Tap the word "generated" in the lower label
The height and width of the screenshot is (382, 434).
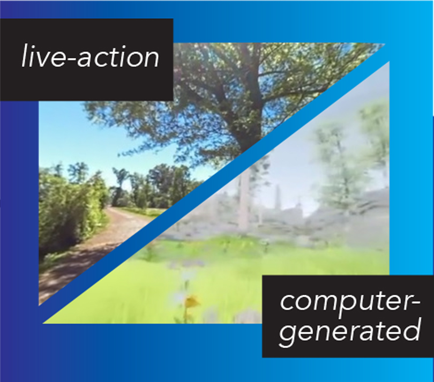tap(350, 331)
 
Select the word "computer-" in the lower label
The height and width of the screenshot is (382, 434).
tap(350, 302)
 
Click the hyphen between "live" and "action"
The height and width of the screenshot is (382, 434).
tap(72, 58)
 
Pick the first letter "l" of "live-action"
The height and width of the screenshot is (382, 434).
tap(25, 55)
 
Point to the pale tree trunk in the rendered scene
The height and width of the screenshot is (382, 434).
tap(244, 199)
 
